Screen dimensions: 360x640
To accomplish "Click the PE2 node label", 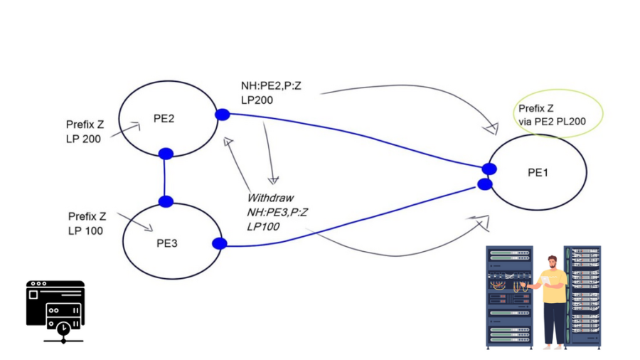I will tap(164, 119).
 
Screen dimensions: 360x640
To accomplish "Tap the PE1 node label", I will tap(538, 172).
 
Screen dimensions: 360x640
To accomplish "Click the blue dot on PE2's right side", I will tap(222, 115).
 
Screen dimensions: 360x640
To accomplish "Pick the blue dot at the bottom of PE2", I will tap(166, 154).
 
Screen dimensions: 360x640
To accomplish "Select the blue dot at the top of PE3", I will tap(166, 201).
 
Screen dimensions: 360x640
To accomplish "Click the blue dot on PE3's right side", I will tap(220, 243).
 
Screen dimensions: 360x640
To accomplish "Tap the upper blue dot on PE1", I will tap(489, 169).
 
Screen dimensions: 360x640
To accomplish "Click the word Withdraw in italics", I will tap(270, 198).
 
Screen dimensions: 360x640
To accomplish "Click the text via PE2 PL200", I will tap(552, 122).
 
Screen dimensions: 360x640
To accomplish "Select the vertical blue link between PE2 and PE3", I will tap(165, 178).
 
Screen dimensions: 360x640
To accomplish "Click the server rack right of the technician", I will tap(582, 295).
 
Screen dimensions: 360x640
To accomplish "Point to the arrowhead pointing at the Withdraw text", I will tap(273, 180).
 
